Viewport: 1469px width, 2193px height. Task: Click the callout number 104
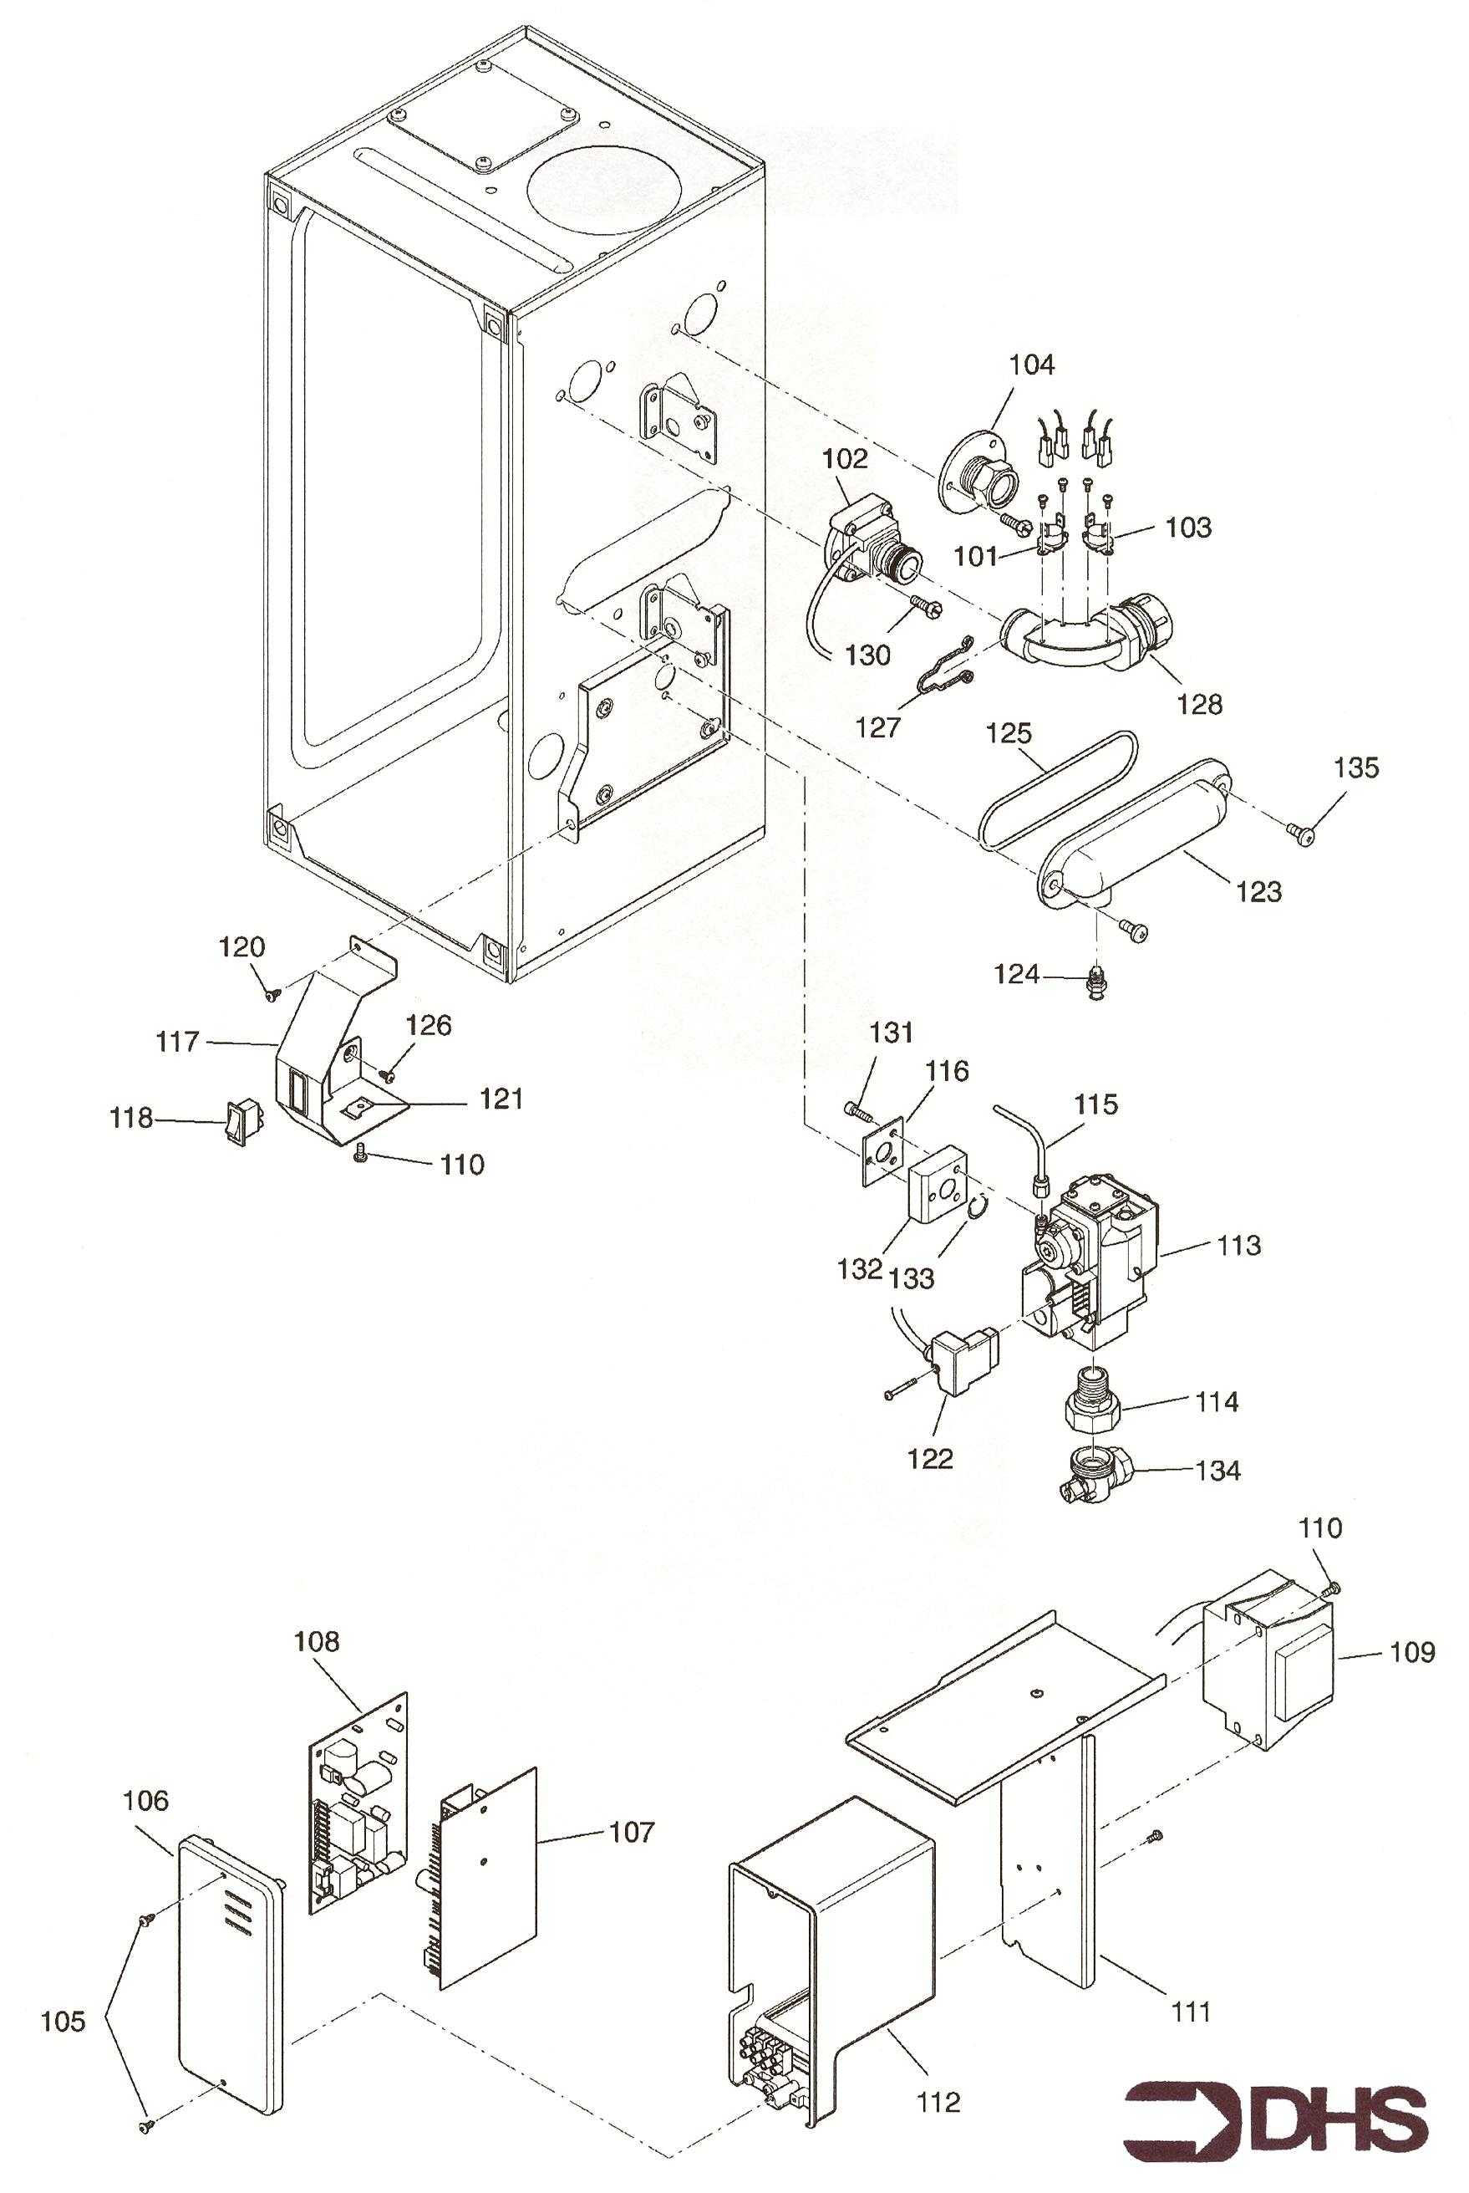click(1031, 365)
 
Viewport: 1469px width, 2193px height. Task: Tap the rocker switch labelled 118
click(241, 1121)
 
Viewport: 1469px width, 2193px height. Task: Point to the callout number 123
click(1258, 891)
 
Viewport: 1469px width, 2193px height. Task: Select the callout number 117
click(178, 1041)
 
